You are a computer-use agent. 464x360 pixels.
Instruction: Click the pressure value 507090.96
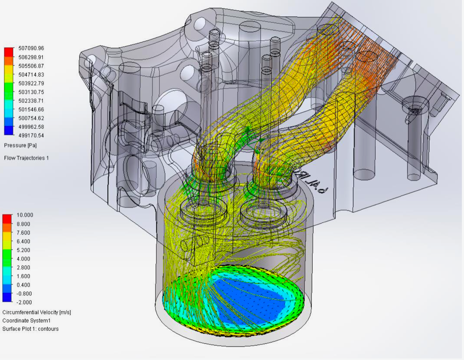click(31, 48)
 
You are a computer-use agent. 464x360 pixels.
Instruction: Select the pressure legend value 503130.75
click(31, 92)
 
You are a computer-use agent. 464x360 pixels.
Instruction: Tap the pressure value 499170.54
click(31, 136)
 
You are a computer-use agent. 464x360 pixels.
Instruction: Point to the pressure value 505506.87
click(31, 66)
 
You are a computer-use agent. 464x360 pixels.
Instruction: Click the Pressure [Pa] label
click(20, 145)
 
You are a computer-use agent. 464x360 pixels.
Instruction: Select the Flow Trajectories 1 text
click(26, 158)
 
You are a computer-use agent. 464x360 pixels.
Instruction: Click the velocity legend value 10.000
click(25, 215)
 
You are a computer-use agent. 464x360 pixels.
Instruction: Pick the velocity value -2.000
click(24, 302)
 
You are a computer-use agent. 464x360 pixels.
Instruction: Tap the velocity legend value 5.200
click(24, 250)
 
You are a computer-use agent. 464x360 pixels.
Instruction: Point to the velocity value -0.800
click(24, 294)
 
